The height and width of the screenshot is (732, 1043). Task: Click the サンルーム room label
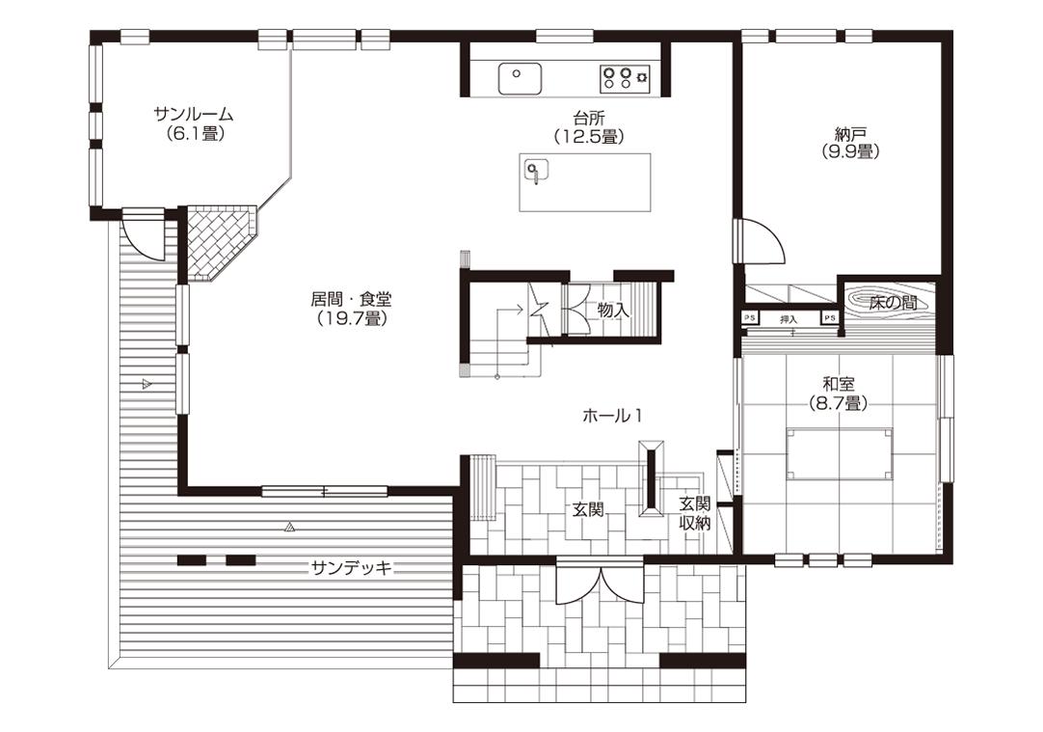tap(194, 114)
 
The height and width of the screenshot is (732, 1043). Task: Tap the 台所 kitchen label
tap(589, 119)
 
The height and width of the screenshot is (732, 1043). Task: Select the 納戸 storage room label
tap(850, 133)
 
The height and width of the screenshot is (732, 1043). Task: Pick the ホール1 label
tap(612, 417)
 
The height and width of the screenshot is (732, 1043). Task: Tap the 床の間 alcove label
tap(894, 304)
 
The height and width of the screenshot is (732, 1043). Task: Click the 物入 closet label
tap(613, 311)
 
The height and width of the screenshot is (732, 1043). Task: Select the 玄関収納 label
tap(694, 514)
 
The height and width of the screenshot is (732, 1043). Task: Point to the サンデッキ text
tap(352, 568)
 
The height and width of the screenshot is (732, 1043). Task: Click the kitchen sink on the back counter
tap(521, 78)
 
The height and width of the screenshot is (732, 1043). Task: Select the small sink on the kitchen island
tap(536, 171)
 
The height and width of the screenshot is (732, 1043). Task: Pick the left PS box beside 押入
tap(750, 318)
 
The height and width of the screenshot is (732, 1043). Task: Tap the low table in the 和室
tap(840, 454)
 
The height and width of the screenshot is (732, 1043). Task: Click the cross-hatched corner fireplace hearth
tap(218, 242)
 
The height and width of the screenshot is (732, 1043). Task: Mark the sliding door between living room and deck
tap(324, 492)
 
